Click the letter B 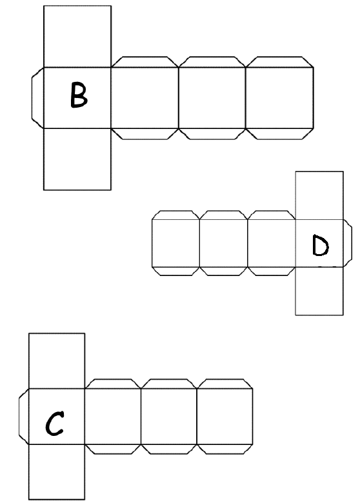point(79,95)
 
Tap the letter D point(320,246)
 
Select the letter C point(55,424)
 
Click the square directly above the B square point(77,36)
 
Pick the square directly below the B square point(77,159)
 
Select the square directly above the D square point(319,195)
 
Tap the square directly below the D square point(319,291)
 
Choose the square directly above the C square point(57,361)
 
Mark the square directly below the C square point(57,472)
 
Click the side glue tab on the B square point(37,98)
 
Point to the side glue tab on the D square point(348,243)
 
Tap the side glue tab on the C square point(24,417)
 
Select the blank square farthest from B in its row point(280,98)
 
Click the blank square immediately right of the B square point(145,98)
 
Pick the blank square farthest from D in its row point(176,243)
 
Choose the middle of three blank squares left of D point(224,243)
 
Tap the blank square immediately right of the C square point(113,417)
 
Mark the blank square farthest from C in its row point(225,417)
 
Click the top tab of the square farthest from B point(280,62)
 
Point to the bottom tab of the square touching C point(113,449)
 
